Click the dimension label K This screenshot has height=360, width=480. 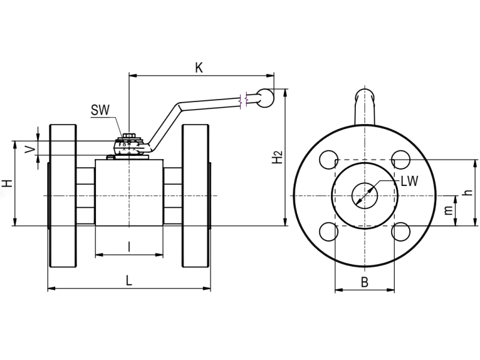pyautogui.click(x=199, y=67)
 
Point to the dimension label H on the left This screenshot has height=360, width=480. pyautogui.click(x=7, y=184)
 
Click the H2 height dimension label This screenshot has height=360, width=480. pyautogui.click(x=277, y=157)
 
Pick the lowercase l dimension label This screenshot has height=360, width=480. pyautogui.click(x=129, y=246)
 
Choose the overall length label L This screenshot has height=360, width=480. pyautogui.click(x=128, y=280)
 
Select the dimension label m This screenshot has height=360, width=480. pyautogui.click(x=448, y=211)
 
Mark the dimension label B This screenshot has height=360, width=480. pyautogui.click(x=364, y=282)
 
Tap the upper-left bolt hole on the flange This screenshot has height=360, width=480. pyautogui.click(x=328, y=160)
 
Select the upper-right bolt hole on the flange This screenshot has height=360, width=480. pyautogui.click(x=400, y=160)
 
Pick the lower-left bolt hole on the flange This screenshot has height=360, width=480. pyautogui.click(x=328, y=232)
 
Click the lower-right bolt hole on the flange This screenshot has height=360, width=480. pyautogui.click(x=400, y=232)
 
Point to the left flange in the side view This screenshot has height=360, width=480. pyautogui.click(x=62, y=196)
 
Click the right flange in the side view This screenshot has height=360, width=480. pyautogui.click(x=195, y=196)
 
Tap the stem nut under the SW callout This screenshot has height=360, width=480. pyautogui.click(x=129, y=145)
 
